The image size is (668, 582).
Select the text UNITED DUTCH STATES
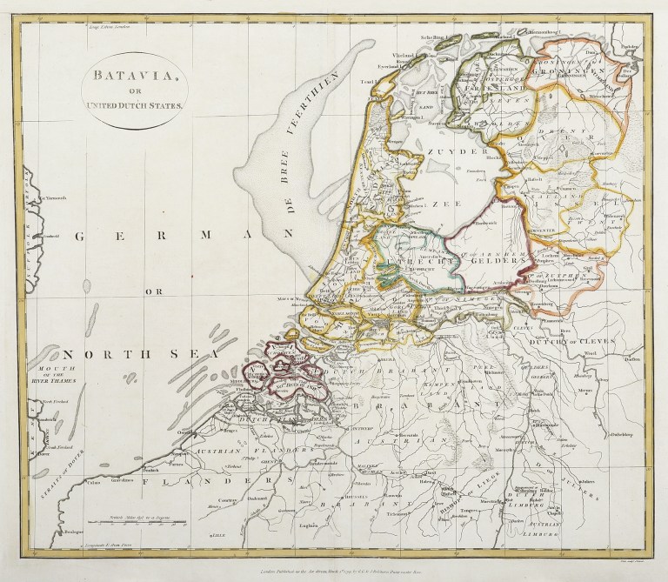pyautogui.click(x=129, y=105)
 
